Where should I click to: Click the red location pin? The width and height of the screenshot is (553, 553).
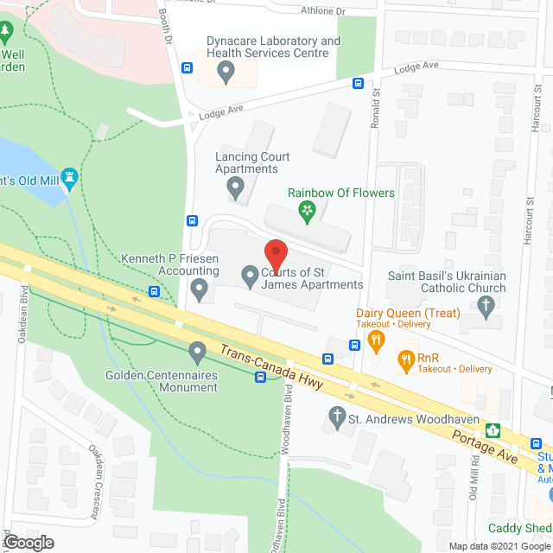[x=276, y=253]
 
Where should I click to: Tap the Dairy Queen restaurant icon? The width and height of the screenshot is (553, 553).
[x=376, y=340]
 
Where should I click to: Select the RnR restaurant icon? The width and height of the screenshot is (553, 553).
[x=404, y=358]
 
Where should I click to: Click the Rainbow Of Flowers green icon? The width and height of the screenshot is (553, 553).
[x=305, y=209]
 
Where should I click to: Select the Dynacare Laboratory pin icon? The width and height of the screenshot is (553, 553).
[x=226, y=73]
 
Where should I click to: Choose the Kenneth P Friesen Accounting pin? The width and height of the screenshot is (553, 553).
[x=200, y=288]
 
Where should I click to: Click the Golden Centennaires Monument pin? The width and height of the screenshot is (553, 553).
[x=197, y=352]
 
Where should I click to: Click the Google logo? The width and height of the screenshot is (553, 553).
[x=28, y=542]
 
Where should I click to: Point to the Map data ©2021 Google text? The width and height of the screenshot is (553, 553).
[x=499, y=545]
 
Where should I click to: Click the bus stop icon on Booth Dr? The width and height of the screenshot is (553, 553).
[x=187, y=68]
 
